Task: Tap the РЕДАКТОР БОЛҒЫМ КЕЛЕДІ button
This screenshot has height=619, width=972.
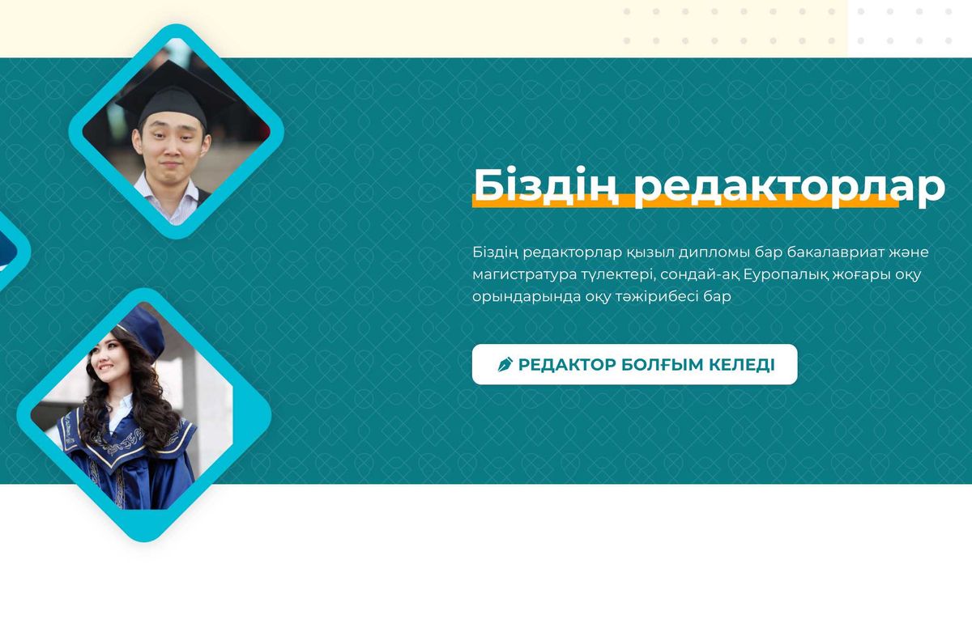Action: [634, 365]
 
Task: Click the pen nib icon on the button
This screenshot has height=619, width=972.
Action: [505, 365]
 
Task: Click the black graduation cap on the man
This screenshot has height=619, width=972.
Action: [174, 98]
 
